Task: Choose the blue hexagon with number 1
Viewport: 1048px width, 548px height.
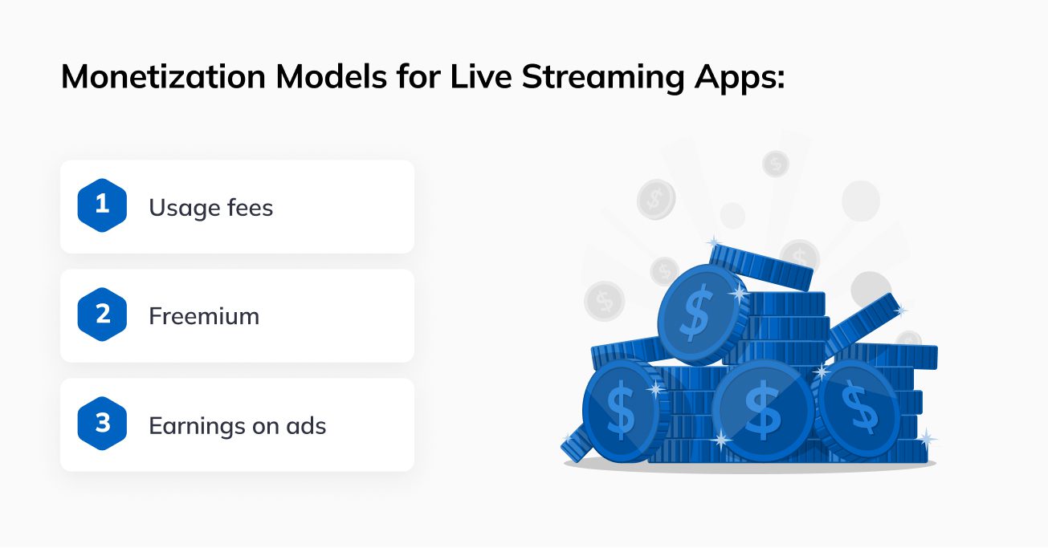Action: click(102, 205)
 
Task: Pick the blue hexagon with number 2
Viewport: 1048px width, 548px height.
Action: click(102, 315)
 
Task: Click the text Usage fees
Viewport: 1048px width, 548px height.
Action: click(210, 208)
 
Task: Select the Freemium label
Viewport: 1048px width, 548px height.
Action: click(204, 316)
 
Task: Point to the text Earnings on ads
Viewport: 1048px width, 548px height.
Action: click(237, 425)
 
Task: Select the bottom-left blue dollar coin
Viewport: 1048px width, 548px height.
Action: click(620, 408)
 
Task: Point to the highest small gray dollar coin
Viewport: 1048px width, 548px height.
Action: click(775, 164)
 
